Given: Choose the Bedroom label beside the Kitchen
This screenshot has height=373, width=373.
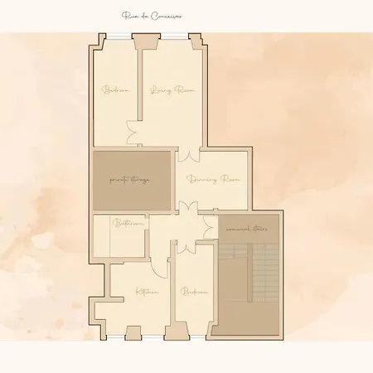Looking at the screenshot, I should [x=194, y=291].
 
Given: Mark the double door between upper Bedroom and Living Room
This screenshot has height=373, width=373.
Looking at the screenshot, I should [x=131, y=131].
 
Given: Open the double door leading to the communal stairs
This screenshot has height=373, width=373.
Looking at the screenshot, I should [x=211, y=213].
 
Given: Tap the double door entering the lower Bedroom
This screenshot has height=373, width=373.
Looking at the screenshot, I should [x=186, y=247].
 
